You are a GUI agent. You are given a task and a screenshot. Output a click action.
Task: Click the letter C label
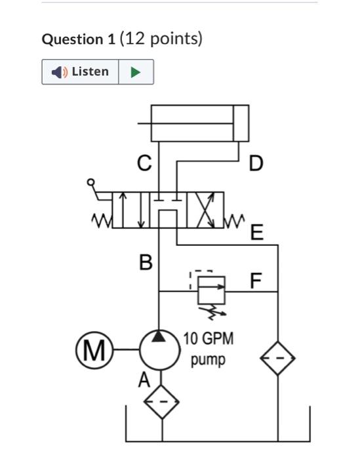click(x=144, y=163)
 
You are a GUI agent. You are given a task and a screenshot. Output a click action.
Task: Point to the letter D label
click(x=256, y=163)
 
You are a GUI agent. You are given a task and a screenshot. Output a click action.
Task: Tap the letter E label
click(x=256, y=232)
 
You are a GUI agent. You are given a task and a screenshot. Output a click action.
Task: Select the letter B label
click(x=146, y=264)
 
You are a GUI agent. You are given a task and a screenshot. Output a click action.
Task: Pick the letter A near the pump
click(x=144, y=380)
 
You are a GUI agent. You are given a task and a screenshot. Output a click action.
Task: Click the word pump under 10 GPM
click(x=208, y=360)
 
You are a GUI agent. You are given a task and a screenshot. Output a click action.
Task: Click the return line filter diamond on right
click(x=278, y=359)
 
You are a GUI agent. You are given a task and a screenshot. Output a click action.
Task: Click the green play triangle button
click(x=136, y=72)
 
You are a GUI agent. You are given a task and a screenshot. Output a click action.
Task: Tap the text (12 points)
click(x=161, y=39)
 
